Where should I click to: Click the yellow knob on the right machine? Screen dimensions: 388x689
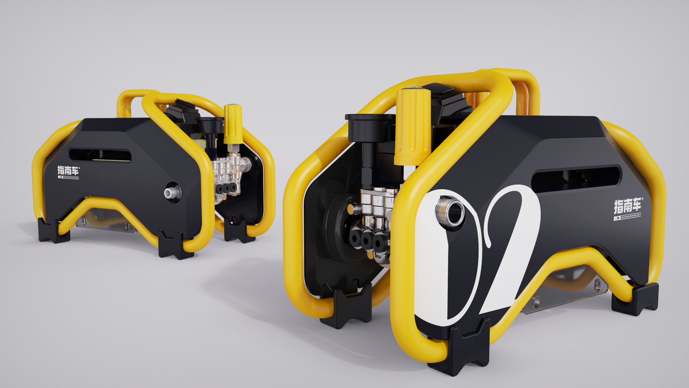click(412, 127)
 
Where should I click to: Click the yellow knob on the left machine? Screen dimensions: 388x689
click(233, 124)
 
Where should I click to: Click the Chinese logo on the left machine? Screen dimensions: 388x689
click(68, 171)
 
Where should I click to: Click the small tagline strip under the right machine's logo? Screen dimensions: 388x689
click(627, 216)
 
